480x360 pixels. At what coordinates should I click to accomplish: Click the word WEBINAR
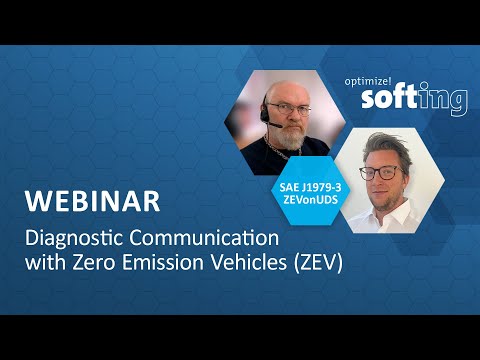point(92,200)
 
